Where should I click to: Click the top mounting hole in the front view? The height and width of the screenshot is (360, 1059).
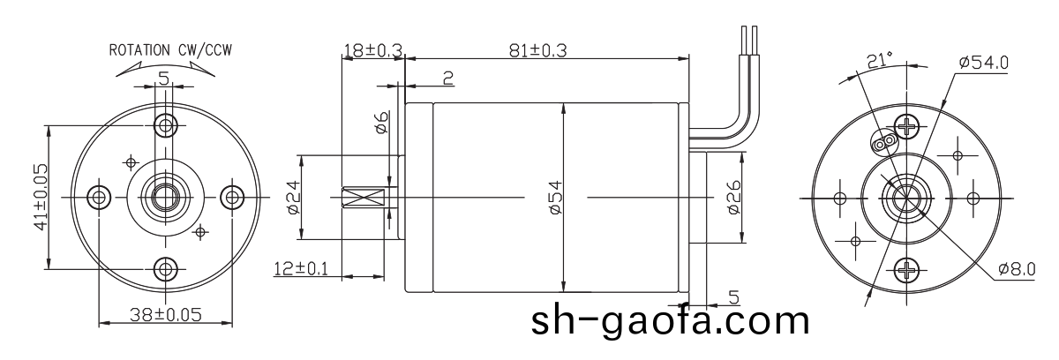point(164,123)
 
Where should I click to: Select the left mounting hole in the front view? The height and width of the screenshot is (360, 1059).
point(97,195)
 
